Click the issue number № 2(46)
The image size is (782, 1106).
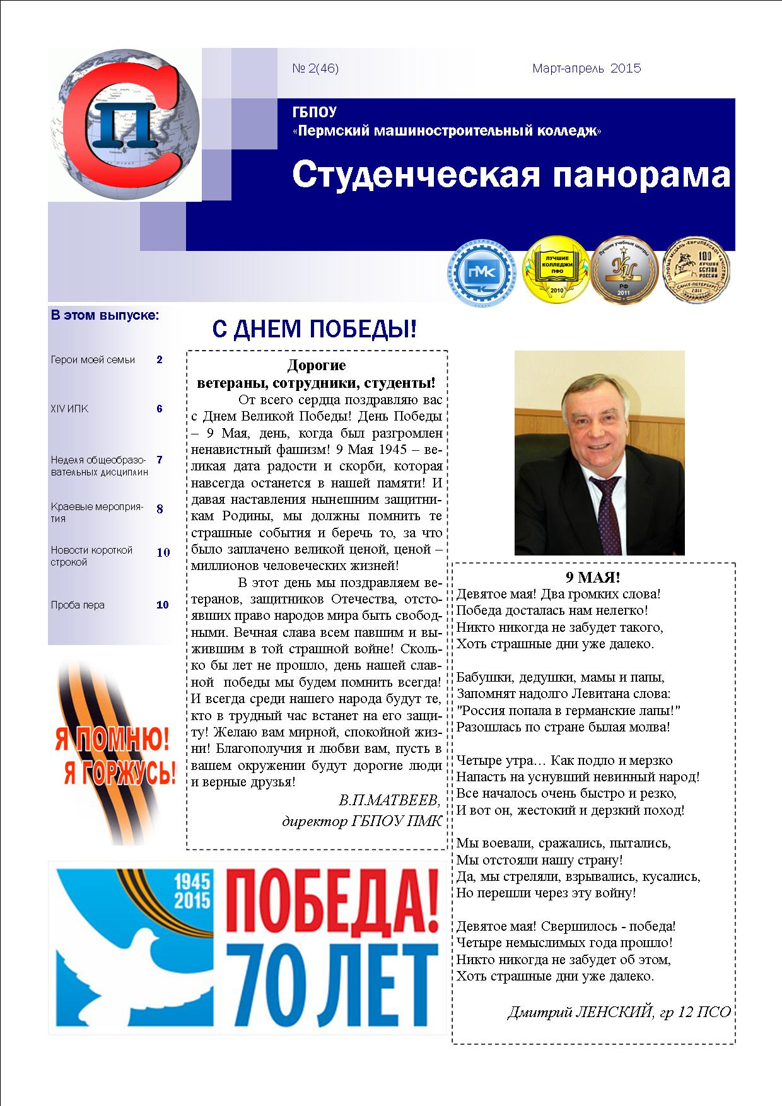pyautogui.click(x=315, y=69)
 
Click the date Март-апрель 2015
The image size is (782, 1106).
pyautogui.click(x=586, y=68)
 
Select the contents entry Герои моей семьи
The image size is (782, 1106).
pyautogui.click(x=93, y=360)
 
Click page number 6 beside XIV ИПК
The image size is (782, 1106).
pyautogui.click(x=160, y=409)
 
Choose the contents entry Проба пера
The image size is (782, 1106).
pyautogui.click(x=78, y=605)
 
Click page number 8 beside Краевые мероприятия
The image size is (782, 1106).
pyautogui.click(x=160, y=508)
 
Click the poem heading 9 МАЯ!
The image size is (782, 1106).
pyautogui.click(x=592, y=577)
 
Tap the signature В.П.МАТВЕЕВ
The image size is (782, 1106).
pyautogui.click(x=388, y=801)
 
